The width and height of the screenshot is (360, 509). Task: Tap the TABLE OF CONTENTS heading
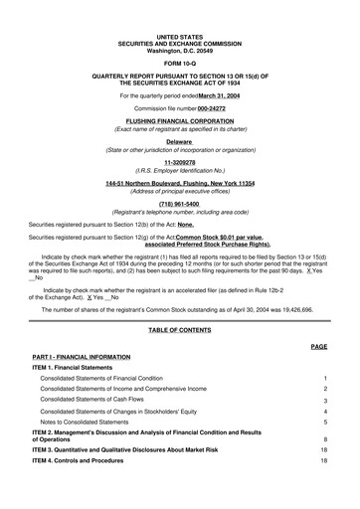coord(179,329)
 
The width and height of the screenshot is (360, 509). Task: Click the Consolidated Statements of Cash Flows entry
coord(100,400)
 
